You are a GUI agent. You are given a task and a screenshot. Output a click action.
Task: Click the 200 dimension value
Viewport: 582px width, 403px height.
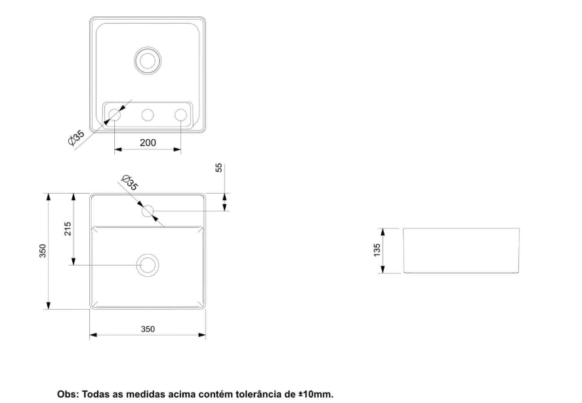click(148, 142)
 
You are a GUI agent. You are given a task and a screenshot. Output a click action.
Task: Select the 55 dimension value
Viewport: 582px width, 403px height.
click(219, 167)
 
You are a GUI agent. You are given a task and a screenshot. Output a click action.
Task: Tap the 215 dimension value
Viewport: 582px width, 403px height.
click(68, 229)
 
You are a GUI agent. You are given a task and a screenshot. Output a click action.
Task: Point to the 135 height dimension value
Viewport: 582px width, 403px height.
click(377, 250)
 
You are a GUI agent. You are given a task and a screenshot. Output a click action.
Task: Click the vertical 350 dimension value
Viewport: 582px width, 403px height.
click(43, 251)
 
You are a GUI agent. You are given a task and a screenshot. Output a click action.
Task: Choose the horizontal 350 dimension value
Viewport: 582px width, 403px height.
click(148, 329)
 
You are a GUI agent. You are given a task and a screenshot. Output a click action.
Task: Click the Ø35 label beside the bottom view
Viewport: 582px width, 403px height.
click(77, 138)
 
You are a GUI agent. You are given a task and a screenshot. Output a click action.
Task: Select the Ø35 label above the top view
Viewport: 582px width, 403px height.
click(129, 182)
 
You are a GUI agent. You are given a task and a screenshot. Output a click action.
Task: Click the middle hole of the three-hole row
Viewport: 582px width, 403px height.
click(148, 115)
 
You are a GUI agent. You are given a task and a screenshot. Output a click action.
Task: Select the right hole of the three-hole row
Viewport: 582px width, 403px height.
click(180, 115)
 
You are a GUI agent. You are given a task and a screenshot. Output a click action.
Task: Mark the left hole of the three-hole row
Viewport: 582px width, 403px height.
click(115, 115)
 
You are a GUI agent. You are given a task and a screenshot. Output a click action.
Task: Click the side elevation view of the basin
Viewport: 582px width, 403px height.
click(461, 251)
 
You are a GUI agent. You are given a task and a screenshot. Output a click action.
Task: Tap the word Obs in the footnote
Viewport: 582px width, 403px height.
click(67, 394)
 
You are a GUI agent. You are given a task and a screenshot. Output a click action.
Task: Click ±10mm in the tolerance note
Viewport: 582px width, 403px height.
click(316, 394)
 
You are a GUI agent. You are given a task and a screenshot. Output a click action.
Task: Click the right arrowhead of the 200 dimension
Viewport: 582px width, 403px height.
click(177, 149)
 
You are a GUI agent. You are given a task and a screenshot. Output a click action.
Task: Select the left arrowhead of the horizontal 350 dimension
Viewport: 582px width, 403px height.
click(94, 335)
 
